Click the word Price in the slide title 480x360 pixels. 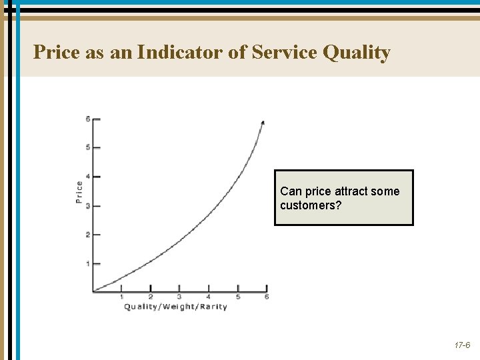pos(57,52)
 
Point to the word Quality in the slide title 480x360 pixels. pos(356,53)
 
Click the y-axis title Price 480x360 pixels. pos(79,193)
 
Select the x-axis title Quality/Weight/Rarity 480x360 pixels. pos(175,307)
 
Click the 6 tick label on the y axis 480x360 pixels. pos(88,119)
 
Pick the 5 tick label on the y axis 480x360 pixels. pos(88,147)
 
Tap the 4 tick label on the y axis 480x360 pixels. pos(88,177)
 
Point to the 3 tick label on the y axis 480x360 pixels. pos(88,206)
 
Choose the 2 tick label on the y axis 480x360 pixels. pos(88,235)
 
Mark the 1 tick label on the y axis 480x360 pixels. pos(88,264)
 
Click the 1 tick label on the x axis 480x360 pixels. pos(121,297)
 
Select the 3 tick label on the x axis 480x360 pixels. pos(179,297)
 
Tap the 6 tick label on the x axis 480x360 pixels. pos(267,297)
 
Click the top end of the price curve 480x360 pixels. pos(263,123)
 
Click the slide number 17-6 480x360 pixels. pos(462,346)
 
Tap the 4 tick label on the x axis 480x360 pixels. pos(209,297)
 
